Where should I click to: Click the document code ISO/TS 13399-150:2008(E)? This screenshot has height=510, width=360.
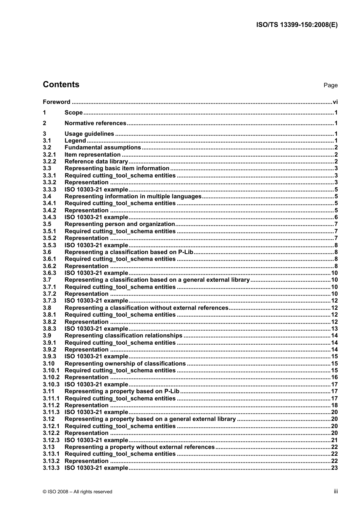pyautogui.click(x=297, y=25)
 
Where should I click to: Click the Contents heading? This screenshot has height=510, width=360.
pyautogui.click(x=61, y=85)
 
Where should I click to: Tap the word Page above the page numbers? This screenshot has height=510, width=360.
pyautogui.click(x=330, y=85)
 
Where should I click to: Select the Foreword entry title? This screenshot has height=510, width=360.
pyautogui.click(x=56, y=102)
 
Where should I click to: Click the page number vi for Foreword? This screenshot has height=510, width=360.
pyautogui.click(x=335, y=102)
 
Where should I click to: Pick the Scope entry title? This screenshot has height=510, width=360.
pyautogui.click(x=74, y=113)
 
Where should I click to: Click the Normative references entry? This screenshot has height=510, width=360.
pyautogui.click(x=95, y=123)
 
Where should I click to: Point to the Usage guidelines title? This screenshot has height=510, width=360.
pyautogui.click(x=89, y=134)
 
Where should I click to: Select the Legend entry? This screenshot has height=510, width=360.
pyautogui.click(x=75, y=141)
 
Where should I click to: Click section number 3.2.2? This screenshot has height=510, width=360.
pyautogui.click(x=49, y=162)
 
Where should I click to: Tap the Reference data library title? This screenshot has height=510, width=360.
pyautogui.click(x=96, y=162)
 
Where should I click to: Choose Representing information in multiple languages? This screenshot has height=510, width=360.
pyautogui.click(x=133, y=196)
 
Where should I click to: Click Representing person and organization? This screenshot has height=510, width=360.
pyautogui.click(x=119, y=224)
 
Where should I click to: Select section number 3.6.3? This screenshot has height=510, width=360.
pyautogui.click(x=49, y=273)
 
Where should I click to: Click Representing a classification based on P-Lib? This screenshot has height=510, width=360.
pyautogui.click(x=129, y=252)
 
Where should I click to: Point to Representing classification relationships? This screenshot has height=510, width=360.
pyautogui.click(x=123, y=336)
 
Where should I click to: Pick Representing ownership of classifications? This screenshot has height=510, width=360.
pyautogui.click(x=125, y=364)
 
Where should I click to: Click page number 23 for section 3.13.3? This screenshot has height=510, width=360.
pyautogui.click(x=334, y=468)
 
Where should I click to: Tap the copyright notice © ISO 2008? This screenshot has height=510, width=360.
pyautogui.click(x=77, y=492)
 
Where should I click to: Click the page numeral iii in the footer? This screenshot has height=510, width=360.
pyautogui.click(x=336, y=491)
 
